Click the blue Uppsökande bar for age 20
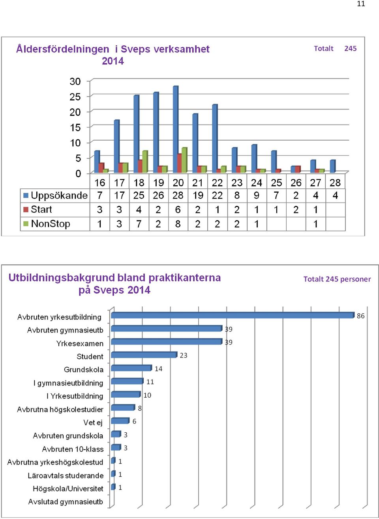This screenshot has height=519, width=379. coord(176,129)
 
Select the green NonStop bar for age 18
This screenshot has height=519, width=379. coord(145,162)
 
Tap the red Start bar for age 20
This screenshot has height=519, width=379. coord(180,164)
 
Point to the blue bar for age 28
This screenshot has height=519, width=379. coord(332,166)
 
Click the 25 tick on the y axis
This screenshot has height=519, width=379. coord(75,97)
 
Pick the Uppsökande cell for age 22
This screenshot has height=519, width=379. coord(217,195)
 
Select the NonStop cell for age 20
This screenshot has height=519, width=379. coord(178,224)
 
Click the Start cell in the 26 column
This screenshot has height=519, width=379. coord(296,210)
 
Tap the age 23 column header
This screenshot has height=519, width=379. coord(237,183)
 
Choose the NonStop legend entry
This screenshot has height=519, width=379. coord(47,224)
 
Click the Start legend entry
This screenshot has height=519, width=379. coord(38,210)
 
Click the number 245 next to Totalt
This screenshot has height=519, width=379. coord(350,48)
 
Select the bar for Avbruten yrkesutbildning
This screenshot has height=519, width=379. coord(233,315)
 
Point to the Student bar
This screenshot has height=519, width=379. coord(144,355)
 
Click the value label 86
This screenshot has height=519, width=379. coord(361,316)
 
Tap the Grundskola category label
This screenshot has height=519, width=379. coord(84,370)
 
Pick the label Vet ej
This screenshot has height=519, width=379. coord(93,422)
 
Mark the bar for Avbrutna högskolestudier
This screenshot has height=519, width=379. coord(123,407)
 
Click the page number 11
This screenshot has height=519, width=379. coord(361,4)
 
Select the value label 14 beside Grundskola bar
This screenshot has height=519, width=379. coord(159,368)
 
